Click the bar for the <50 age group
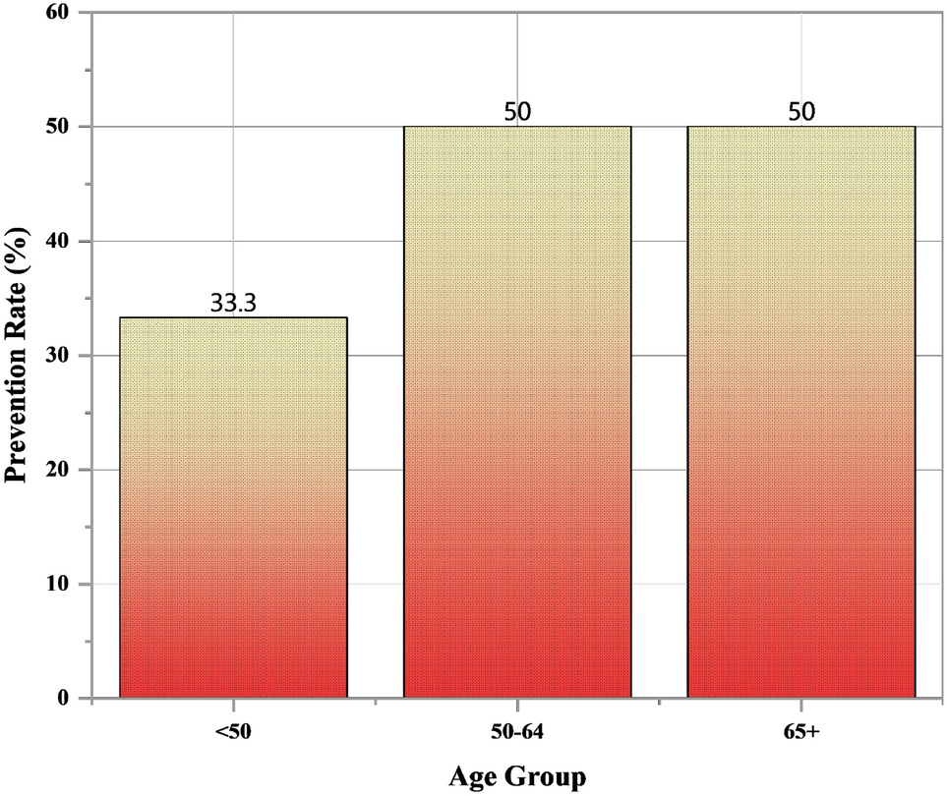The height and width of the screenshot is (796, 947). [233, 507]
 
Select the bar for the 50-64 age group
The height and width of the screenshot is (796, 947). [517, 412]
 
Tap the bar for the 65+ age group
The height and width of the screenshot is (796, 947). [801, 412]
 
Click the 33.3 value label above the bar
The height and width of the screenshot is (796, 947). [233, 304]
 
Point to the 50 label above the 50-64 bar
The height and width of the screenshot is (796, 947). [517, 111]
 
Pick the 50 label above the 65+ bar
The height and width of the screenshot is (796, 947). [801, 111]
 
